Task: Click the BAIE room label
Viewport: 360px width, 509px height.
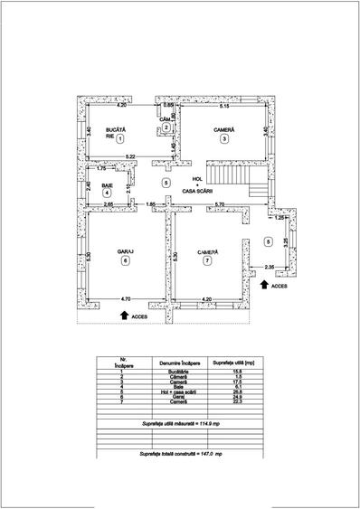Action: pos(108,184)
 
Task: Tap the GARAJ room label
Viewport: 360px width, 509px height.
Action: pos(125,250)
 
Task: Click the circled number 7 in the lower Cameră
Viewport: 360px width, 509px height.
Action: pos(207,260)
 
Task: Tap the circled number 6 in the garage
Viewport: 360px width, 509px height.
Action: pos(125,260)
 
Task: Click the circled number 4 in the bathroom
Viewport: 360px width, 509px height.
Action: pos(107,193)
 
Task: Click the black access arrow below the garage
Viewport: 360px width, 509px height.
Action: pos(125,315)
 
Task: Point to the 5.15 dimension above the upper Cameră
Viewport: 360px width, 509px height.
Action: pos(225,107)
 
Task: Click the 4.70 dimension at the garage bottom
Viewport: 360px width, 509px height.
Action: pos(126,297)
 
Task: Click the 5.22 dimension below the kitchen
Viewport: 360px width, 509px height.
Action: pos(131,157)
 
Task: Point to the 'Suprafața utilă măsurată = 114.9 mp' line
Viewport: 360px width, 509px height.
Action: pos(179,423)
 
